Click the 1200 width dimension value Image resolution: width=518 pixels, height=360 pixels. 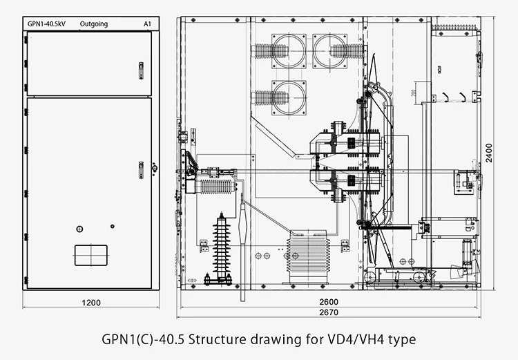(x=91, y=303)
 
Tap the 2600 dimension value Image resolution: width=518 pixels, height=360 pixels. (x=329, y=301)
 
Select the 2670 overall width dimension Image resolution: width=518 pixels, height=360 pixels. (x=329, y=312)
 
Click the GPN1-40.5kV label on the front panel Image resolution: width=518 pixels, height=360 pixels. (x=45, y=24)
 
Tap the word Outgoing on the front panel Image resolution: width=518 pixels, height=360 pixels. (x=94, y=24)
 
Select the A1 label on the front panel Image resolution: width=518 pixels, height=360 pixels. (x=147, y=24)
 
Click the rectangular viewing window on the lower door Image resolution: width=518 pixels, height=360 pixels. (x=92, y=255)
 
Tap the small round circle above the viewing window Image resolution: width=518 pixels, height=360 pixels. (x=80, y=229)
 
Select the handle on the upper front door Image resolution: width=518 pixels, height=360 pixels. (x=140, y=70)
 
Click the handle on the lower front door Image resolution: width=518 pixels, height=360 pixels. (x=141, y=169)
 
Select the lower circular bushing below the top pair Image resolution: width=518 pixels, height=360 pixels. (x=288, y=98)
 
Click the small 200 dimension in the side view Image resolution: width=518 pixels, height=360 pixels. (x=412, y=92)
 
